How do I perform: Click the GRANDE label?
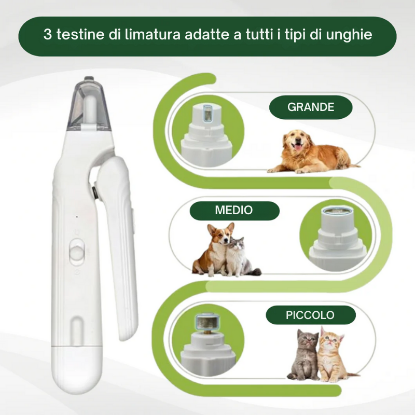coord(311,107)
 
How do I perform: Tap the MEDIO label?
coord(234,210)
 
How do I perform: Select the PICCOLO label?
coord(311,315)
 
